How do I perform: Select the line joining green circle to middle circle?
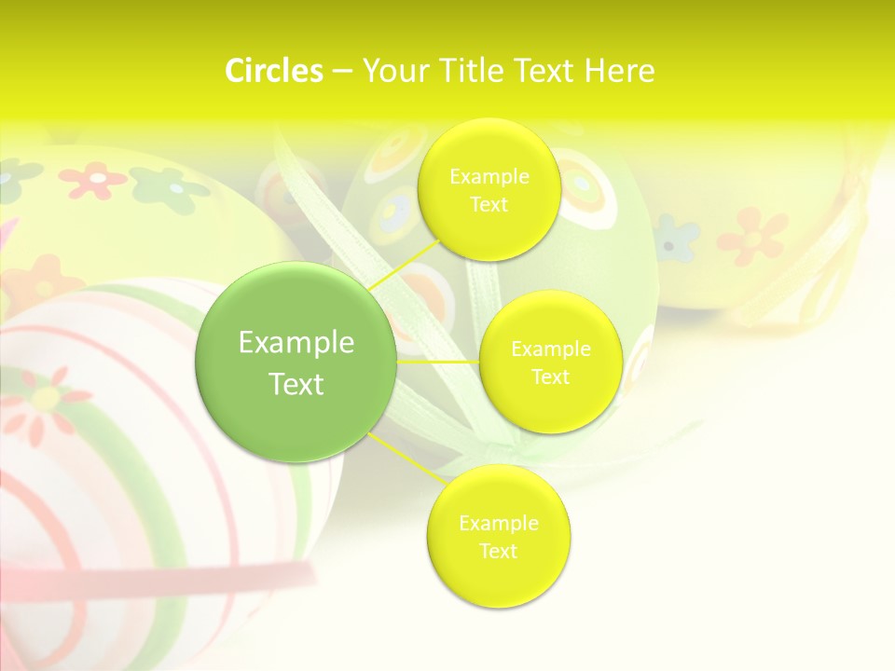pyautogui.click(x=438, y=362)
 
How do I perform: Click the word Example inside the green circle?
pyautogui.click(x=296, y=343)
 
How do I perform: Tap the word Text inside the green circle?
pyautogui.click(x=296, y=384)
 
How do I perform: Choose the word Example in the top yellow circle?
pyautogui.click(x=489, y=176)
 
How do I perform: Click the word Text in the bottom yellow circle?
pyautogui.click(x=498, y=551)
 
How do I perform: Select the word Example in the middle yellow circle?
pyautogui.click(x=550, y=349)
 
